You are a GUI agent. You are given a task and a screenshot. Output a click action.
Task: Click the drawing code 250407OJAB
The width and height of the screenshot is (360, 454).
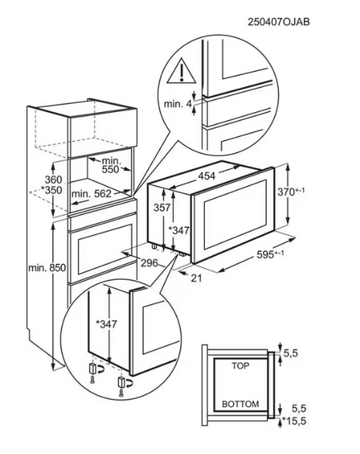[278, 22]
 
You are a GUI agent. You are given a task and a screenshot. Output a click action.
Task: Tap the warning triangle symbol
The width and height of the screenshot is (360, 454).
[182, 71]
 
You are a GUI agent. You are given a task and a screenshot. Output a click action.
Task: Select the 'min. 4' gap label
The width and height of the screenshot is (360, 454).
[178, 104]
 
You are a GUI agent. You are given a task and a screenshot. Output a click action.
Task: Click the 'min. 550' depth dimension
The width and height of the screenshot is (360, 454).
[111, 165]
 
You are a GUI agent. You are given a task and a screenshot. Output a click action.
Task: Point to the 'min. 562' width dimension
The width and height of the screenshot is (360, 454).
[92, 194]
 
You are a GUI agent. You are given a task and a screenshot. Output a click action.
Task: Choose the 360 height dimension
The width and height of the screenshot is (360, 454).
[53, 180]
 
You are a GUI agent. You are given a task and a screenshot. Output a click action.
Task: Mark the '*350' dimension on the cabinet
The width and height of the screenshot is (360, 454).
[51, 190]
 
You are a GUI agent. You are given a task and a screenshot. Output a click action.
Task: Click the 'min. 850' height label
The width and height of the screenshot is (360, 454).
[47, 268]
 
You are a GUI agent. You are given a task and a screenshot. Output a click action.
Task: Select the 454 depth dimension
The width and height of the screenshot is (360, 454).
[206, 176]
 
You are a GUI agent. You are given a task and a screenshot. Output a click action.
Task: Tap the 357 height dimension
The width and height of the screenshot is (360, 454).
[162, 207]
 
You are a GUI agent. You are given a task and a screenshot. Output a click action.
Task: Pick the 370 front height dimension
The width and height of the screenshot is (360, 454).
[291, 191]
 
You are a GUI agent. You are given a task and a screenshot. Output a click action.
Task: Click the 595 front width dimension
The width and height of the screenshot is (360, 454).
[270, 254]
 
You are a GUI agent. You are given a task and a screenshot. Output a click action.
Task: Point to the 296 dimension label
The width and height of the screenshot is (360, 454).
[149, 263]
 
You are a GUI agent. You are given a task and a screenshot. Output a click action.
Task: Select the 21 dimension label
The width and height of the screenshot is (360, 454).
[197, 278]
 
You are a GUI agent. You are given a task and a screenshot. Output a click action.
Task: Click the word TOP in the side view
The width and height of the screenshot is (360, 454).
[241, 366]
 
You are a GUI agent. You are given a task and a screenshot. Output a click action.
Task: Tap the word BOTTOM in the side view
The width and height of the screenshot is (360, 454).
[241, 404]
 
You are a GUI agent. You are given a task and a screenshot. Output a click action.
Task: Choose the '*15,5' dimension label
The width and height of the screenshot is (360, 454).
[294, 421]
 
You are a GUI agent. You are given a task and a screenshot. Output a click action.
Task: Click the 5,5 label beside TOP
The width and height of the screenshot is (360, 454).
[290, 353]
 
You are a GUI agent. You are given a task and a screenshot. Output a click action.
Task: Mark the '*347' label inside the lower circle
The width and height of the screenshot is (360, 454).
[107, 325]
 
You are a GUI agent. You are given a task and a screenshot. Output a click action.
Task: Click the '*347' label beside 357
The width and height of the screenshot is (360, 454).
[178, 231]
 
